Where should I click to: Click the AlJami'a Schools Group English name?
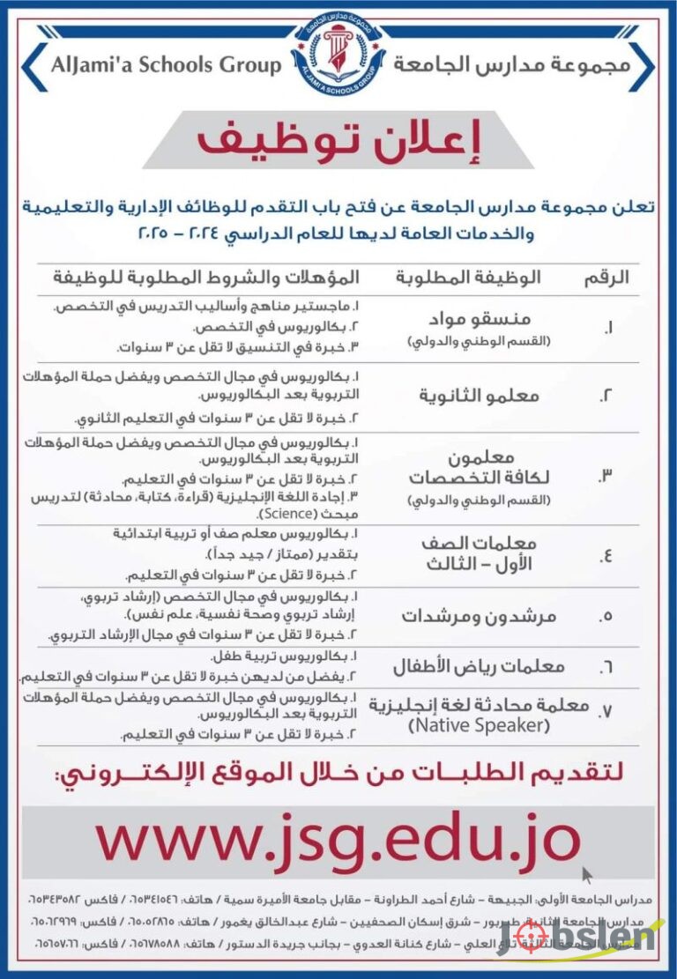[166, 64]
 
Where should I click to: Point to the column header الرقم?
[606, 278]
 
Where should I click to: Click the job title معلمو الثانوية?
[480, 396]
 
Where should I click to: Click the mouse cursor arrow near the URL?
[587, 875]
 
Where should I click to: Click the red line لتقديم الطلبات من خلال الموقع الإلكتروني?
[338, 775]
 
